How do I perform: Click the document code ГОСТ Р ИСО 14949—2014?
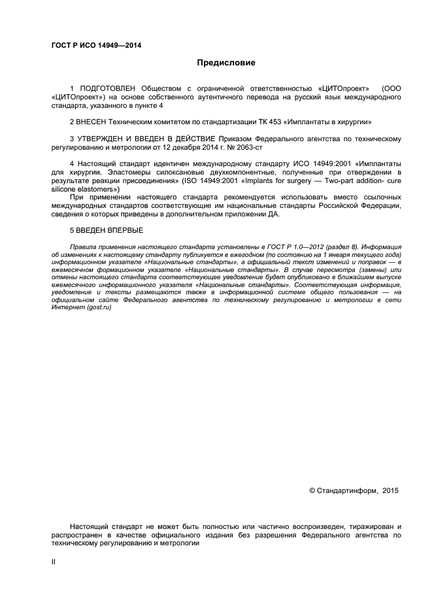tap(96, 46)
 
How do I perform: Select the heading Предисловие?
tap(226, 63)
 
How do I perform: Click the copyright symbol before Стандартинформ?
tap(312, 490)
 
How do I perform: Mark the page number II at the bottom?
tap(54, 561)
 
